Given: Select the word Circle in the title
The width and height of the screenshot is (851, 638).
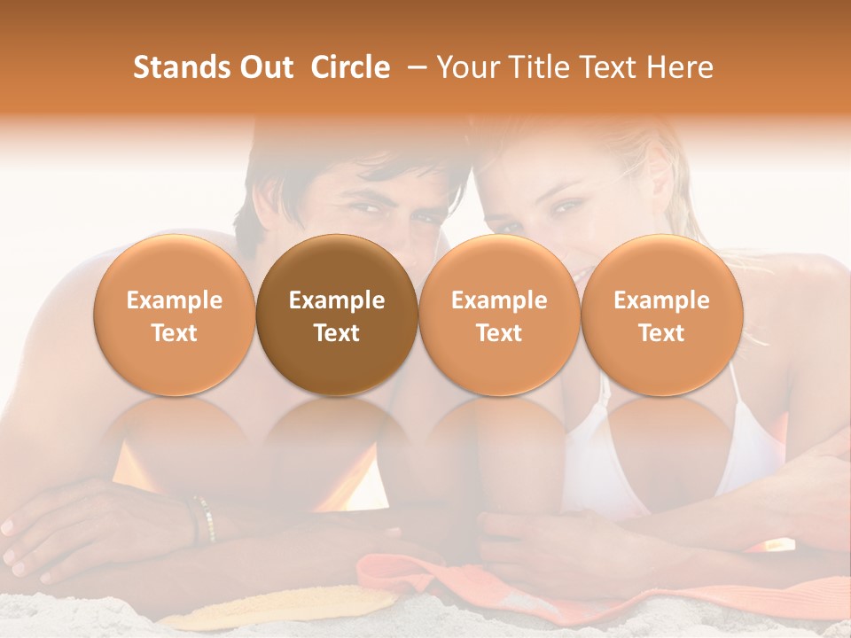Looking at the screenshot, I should [350, 67].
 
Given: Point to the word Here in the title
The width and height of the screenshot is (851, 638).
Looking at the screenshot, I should [681, 67].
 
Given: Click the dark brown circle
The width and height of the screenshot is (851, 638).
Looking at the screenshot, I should [337, 315].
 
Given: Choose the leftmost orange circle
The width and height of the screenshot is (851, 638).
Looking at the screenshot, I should [175, 315].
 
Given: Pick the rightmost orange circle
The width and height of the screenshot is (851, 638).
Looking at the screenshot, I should [661, 315].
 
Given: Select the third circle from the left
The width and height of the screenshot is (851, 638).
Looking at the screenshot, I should [499, 315].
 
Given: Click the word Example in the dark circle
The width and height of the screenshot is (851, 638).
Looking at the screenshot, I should [337, 300].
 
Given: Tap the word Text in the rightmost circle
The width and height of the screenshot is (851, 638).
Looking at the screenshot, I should [661, 333].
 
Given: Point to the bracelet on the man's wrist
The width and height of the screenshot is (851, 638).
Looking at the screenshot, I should [203, 518].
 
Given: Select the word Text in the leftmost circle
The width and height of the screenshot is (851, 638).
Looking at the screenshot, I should [175, 333].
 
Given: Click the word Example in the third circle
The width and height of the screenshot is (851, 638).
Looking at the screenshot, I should [499, 300].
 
